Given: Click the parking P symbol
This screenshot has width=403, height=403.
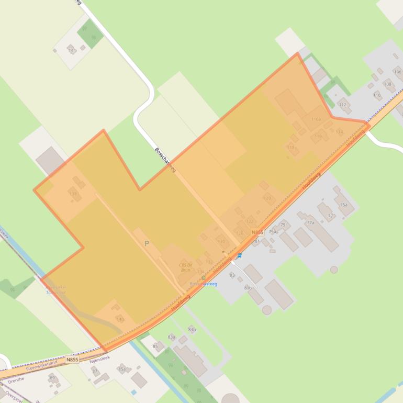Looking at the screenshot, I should point(147,243).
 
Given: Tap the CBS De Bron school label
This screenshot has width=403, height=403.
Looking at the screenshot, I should point(185,267).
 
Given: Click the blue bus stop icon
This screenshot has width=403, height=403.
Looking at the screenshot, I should point(240,255).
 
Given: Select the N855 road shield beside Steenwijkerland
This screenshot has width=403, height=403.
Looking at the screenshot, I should point(72,360).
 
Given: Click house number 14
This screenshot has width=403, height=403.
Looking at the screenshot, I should point(71,50).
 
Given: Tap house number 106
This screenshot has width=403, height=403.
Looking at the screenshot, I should point(397,72).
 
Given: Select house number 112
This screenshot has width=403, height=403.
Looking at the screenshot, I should point(342,105).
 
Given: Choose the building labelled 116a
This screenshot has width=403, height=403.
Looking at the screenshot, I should point(316,119).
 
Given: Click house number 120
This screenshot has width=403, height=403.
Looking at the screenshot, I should point(267,198).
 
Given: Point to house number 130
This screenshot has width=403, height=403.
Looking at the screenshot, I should point(221,241).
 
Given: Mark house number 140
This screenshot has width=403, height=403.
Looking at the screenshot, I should point(119,319).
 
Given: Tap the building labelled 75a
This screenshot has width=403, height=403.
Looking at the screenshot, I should point(343,205).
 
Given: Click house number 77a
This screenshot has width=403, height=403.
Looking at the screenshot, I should point(310,222).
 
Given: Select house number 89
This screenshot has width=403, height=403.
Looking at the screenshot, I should point(52,377).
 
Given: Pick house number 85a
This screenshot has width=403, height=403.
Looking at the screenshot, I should point(121,370).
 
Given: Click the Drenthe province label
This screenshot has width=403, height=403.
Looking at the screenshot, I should point(16,379).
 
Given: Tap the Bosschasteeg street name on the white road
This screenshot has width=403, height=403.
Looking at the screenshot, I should point(165,160).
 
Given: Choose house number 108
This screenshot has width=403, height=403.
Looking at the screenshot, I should point(387,84).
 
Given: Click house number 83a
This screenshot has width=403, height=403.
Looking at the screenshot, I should point(171,337).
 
